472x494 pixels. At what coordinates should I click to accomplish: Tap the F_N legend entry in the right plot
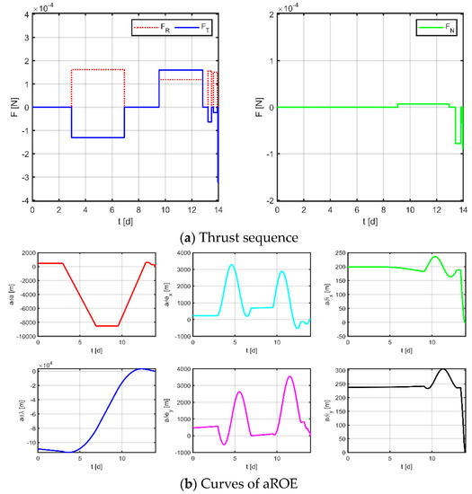pyautogui.click(x=434, y=30)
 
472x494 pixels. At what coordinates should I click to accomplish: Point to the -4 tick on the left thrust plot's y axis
pyautogui.click(x=25, y=200)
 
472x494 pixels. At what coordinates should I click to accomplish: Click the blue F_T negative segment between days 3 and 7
pyautogui.click(x=97, y=137)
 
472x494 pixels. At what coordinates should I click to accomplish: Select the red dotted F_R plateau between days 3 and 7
pyautogui.click(x=97, y=69)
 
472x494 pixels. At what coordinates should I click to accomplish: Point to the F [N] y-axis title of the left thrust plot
pyautogui.click(x=9, y=108)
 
